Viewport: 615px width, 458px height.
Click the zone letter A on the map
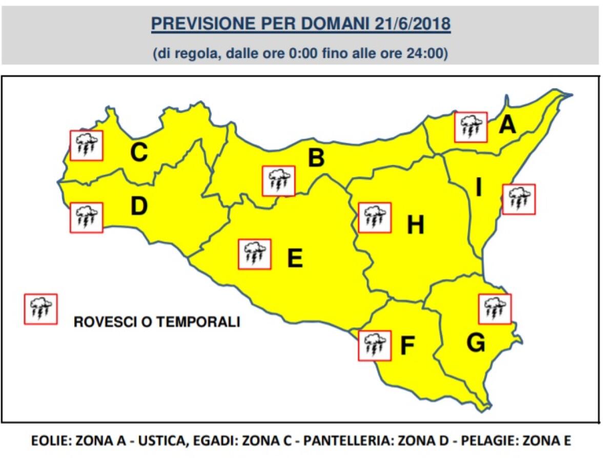pyautogui.click(x=507, y=124)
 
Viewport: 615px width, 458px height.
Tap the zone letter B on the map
pyautogui.click(x=316, y=158)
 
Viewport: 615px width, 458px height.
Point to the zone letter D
pyautogui.click(x=139, y=206)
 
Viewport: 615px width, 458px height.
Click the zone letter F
pyautogui.click(x=406, y=346)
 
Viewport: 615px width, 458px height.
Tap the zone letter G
pyautogui.click(x=476, y=343)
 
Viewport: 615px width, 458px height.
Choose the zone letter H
pyautogui.click(x=415, y=225)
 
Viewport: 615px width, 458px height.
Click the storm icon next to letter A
pyautogui.click(x=470, y=127)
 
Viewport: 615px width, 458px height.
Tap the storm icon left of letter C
pyautogui.click(x=87, y=145)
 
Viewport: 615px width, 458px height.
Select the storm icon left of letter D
pyautogui.click(x=87, y=217)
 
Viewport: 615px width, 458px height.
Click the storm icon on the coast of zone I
pyautogui.click(x=519, y=199)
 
